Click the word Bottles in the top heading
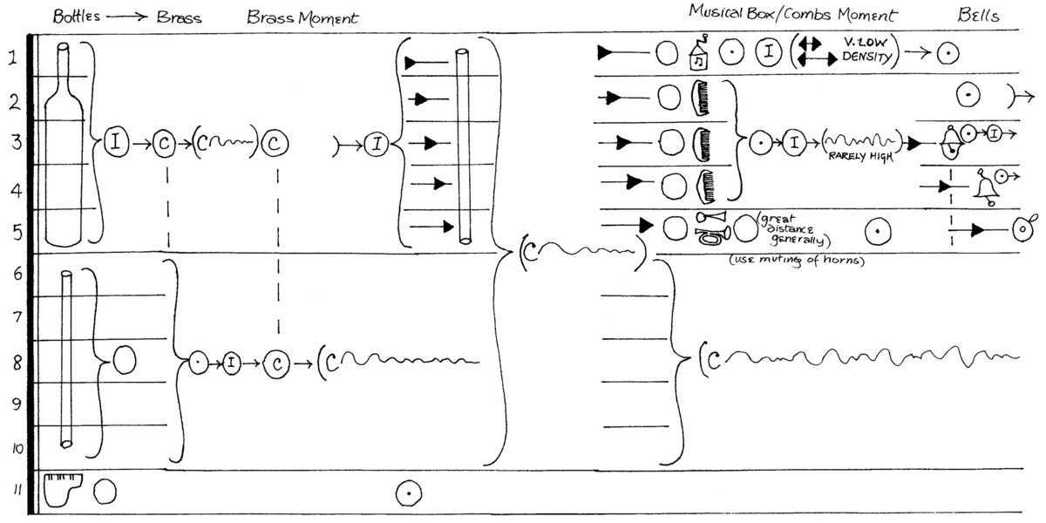pyautogui.click(x=75, y=17)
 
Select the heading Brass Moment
pyautogui.click(x=302, y=17)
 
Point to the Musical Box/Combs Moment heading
pyautogui.click(x=792, y=15)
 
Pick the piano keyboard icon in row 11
pyautogui.click(x=66, y=490)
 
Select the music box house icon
pyautogui.click(x=699, y=54)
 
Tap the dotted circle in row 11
pyautogui.click(x=407, y=492)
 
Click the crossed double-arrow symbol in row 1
pyautogui.click(x=808, y=54)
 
